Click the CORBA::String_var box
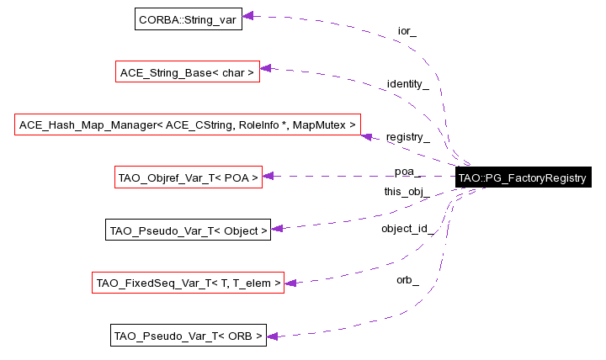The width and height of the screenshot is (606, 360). tap(189, 19)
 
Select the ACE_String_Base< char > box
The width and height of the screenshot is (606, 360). tap(186, 72)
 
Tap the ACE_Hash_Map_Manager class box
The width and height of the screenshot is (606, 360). tap(187, 124)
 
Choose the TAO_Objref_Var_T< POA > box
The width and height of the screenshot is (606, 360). tap(188, 177)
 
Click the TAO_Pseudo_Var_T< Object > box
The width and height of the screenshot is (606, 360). tap(188, 230)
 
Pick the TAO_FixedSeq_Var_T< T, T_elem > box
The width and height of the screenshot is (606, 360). tap(188, 283)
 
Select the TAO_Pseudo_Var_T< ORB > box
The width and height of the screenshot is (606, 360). tap(188, 336)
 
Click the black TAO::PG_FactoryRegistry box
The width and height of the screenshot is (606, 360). tap(521, 178)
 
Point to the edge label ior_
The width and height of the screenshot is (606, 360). tap(407, 31)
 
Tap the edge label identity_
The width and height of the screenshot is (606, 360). tap(407, 84)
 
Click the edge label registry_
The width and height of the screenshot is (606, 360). tap(407, 137)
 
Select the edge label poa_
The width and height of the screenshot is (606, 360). tap(407, 172)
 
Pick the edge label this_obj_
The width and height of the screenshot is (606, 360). tap(407, 192)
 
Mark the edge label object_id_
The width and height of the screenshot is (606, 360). tap(407, 228)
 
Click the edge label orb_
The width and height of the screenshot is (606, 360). tap(407, 280)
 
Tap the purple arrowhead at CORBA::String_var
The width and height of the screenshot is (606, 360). tap(248, 16)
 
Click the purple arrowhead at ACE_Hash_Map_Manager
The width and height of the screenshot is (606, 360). tap(366, 135)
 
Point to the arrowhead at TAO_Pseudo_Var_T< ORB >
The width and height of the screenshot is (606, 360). tap(273, 336)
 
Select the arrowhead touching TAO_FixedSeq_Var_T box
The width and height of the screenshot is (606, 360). tap(290, 283)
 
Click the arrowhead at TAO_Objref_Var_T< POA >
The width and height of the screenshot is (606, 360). tap(268, 177)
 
